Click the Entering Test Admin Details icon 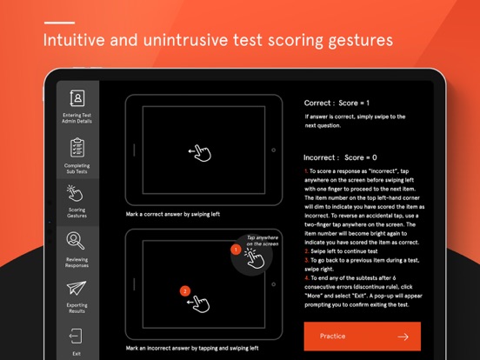tap(77, 98)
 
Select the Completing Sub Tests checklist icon tap(77, 148)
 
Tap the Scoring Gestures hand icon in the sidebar tap(77, 193)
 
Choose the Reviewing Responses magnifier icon tap(77, 242)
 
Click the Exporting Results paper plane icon tap(77, 290)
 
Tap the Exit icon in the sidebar tap(77, 337)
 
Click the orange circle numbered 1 tap(235, 250)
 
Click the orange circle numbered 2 tap(184, 290)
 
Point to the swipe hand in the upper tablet tap(201, 152)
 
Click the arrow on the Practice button tap(403, 337)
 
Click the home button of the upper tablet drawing tap(274, 150)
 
